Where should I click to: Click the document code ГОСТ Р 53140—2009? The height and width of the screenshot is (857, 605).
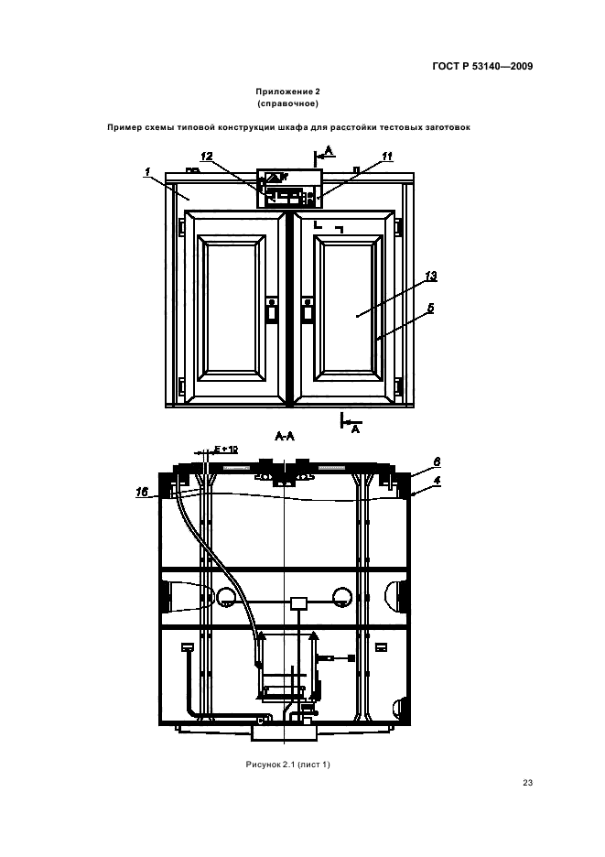pyautogui.click(x=482, y=67)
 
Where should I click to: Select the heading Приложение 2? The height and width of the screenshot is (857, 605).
pyautogui.click(x=287, y=92)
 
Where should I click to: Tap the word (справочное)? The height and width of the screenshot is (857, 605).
pyautogui.click(x=287, y=103)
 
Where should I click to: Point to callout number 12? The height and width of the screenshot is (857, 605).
pyautogui.click(x=207, y=157)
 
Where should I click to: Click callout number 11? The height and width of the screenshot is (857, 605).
pyautogui.click(x=387, y=157)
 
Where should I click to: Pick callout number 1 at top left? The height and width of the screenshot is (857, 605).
pyautogui.click(x=147, y=172)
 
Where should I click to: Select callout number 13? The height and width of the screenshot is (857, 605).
pyautogui.click(x=431, y=276)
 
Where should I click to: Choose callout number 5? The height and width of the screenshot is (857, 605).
pyautogui.click(x=431, y=309)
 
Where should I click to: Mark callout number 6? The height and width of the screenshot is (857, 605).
pyautogui.click(x=437, y=461)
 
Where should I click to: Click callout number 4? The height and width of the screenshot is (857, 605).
pyautogui.click(x=437, y=481)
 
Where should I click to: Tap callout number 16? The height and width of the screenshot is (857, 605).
pyautogui.click(x=142, y=492)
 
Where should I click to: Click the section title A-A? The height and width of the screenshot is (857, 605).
pyautogui.click(x=285, y=436)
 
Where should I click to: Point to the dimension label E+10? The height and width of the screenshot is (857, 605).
pyautogui.click(x=226, y=450)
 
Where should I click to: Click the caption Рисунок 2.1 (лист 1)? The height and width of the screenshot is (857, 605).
pyautogui.click(x=288, y=765)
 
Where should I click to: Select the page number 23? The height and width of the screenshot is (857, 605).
pyautogui.click(x=527, y=783)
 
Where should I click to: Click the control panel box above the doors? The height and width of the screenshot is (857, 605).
pyautogui.click(x=289, y=189)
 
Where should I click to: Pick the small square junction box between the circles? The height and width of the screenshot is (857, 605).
pyautogui.click(x=298, y=602)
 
